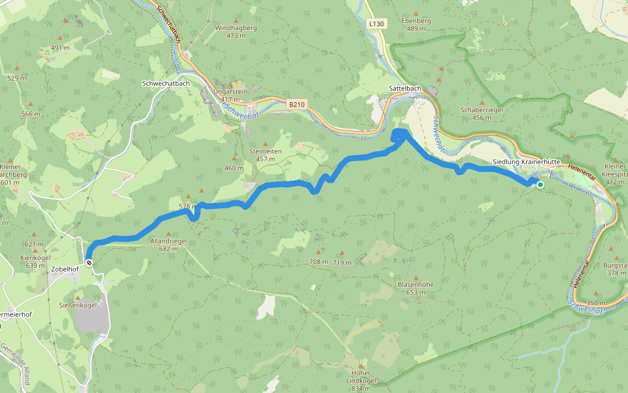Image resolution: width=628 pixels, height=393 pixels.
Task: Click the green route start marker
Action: pyautogui.click(x=540, y=185)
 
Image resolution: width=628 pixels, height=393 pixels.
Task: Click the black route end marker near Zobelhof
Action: pyautogui.click(x=89, y=263)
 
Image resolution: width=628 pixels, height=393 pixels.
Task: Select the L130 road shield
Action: pyautogui.click(x=377, y=24)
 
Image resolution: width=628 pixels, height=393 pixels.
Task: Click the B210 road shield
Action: pyautogui.click(x=297, y=103)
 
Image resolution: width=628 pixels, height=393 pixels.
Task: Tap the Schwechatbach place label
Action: pyautogui.click(x=166, y=84)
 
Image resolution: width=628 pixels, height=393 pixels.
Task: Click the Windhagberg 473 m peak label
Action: pyautogui.click(x=236, y=31)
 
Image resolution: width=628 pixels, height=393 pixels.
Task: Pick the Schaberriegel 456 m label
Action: pyautogui.click(x=481, y=113)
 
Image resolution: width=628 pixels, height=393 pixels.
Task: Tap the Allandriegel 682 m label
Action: pyautogui.click(x=169, y=244)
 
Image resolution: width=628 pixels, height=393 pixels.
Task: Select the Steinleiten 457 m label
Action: pyautogui.click(x=265, y=155)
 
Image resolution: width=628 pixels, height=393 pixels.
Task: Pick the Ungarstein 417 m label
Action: pyautogui.click(x=231, y=95)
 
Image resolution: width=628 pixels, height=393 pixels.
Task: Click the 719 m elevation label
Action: pyautogui.click(x=342, y=263)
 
